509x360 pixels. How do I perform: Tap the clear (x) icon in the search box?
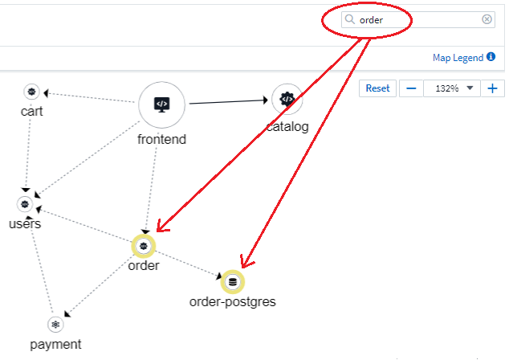pos(487,19)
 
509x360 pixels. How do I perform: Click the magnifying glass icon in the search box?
pos(350,19)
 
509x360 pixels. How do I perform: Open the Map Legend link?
pos(458,58)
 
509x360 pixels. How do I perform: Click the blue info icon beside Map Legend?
pos(491,58)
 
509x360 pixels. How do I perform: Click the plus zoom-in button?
pos(492,88)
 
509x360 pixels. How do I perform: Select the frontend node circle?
pos(161,104)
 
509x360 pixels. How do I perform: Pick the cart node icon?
pos(31,92)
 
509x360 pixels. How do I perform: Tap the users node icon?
pos(25,204)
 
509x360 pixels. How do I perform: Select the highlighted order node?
pos(144,245)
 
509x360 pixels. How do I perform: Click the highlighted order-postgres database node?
pos(233,281)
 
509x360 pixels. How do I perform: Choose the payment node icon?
pos(55,325)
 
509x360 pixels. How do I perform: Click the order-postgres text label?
pos(232,302)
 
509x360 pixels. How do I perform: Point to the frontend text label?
pos(161,139)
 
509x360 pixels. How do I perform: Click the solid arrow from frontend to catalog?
pos(228,101)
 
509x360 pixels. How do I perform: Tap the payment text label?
pos(55,345)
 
